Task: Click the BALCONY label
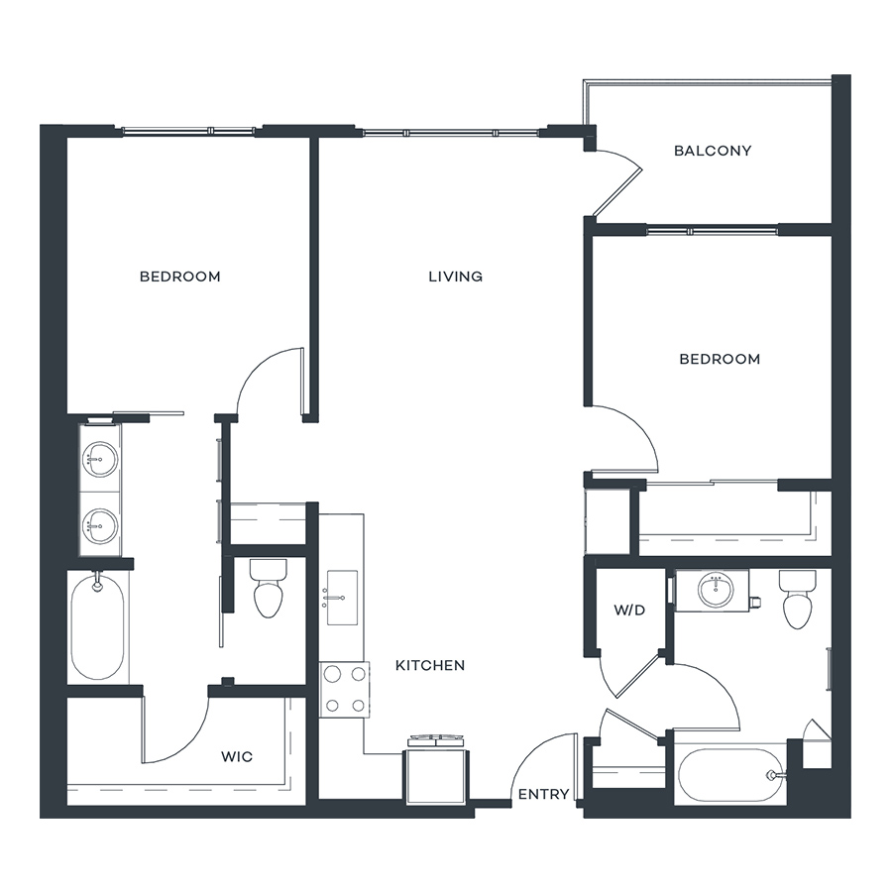click(713, 151)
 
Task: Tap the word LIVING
click(455, 277)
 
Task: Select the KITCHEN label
click(430, 665)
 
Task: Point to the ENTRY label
click(543, 794)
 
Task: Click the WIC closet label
click(237, 756)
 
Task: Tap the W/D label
click(629, 611)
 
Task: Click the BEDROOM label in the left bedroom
click(179, 277)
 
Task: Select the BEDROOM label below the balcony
click(720, 359)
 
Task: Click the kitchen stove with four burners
click(344, 690)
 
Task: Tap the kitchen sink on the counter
click(342, 598)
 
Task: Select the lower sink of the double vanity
click(100, 525)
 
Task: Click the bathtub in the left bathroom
click(97, 627)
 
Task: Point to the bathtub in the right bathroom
click(732, 775)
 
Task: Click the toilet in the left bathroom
click(269, 589)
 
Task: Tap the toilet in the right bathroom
click(798, 600)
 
